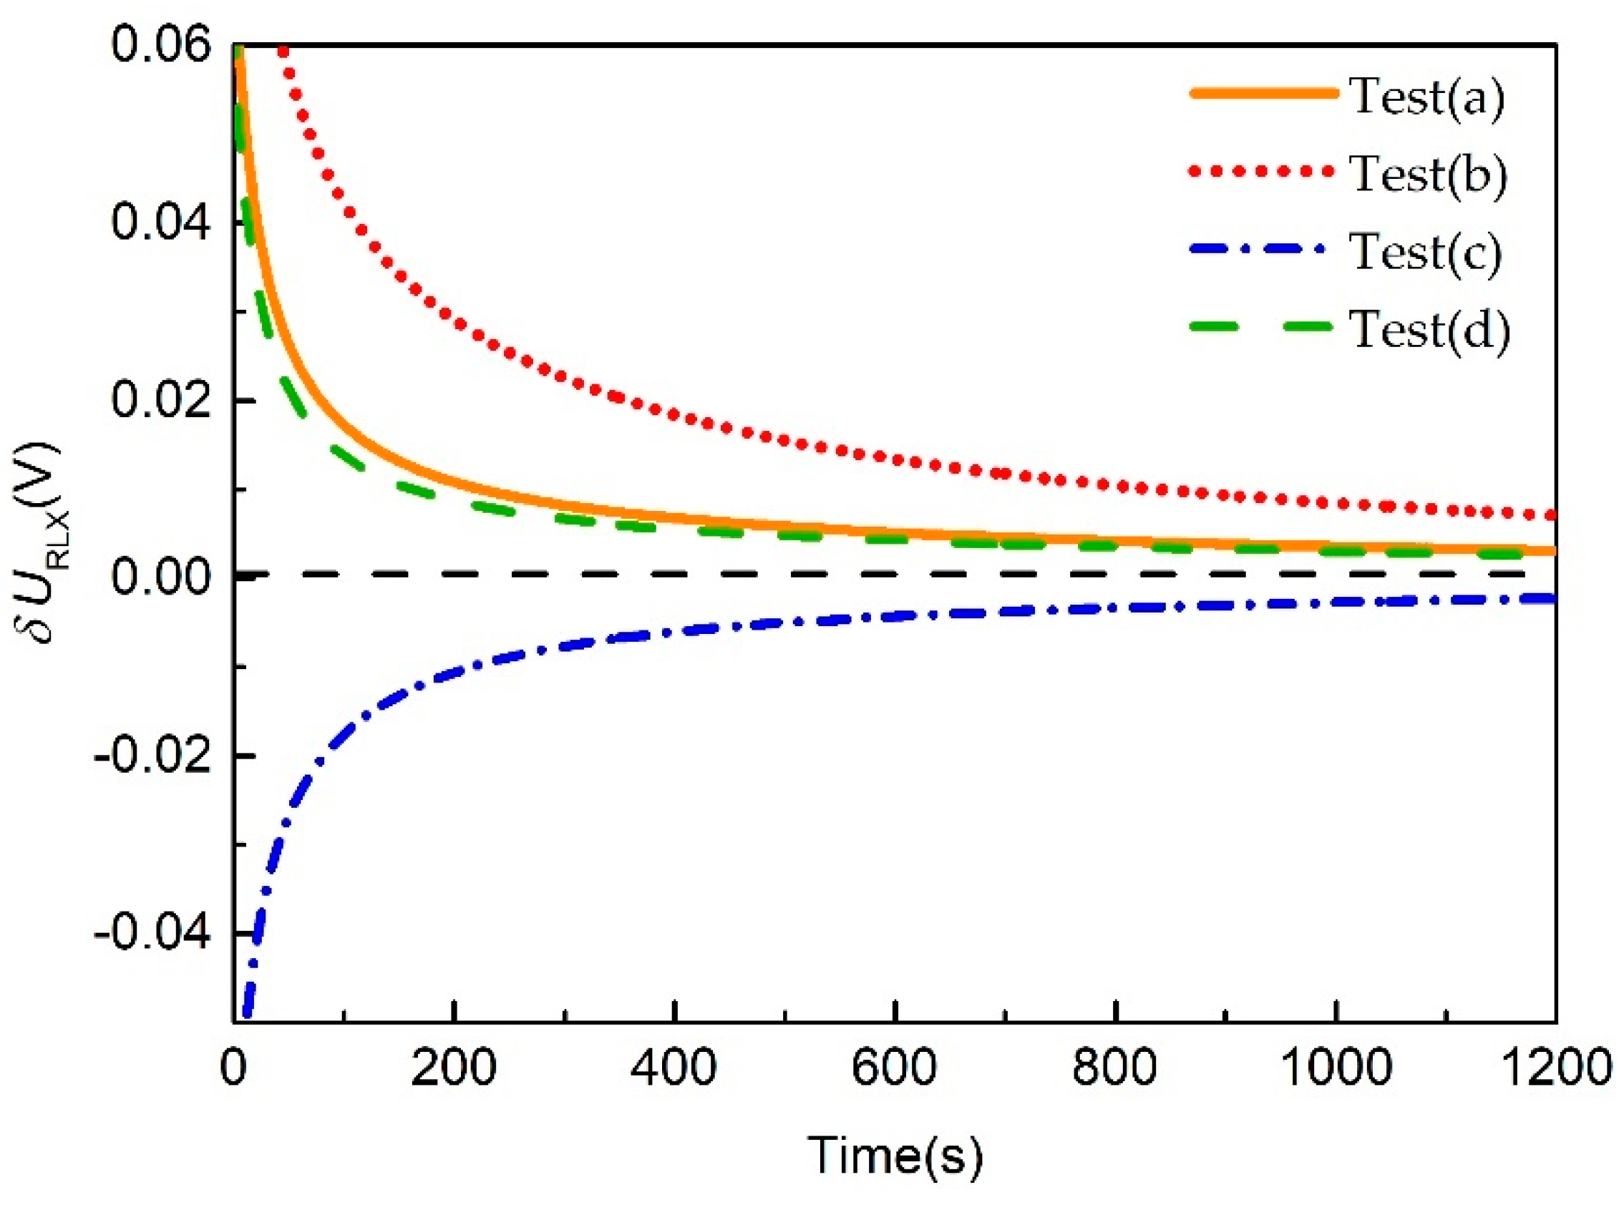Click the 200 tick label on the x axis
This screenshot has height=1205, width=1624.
pos(454,1067)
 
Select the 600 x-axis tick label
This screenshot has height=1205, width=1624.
pos(895,1067)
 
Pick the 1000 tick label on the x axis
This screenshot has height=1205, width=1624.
pos(1336,1067)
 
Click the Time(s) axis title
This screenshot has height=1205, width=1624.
pos(895,1155)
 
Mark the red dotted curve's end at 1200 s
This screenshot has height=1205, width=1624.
pos(1552,515)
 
